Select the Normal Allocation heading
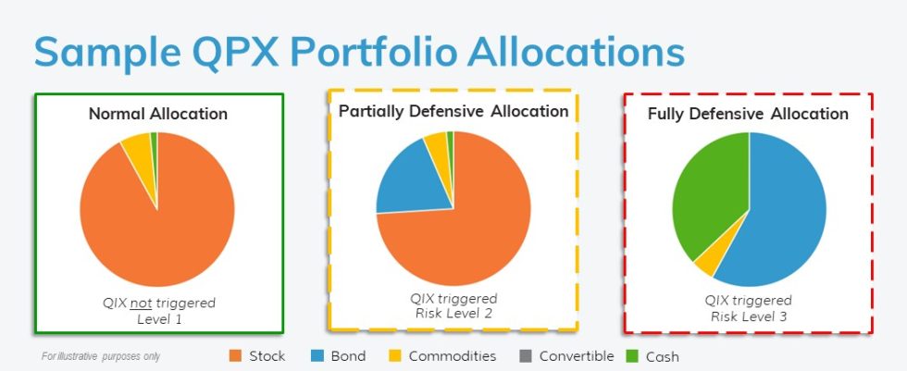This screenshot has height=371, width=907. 158,113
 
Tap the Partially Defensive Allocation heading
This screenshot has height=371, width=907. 453,111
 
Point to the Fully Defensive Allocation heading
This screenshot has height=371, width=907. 748,114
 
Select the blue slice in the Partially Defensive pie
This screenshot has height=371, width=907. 411,179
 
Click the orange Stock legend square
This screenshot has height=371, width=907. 235,356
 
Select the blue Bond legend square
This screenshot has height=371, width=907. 317,356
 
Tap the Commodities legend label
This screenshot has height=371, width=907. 453,356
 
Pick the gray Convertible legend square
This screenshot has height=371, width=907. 526,356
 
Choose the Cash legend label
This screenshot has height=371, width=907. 663,356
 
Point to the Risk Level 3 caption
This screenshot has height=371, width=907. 748,316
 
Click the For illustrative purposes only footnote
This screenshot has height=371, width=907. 101,356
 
